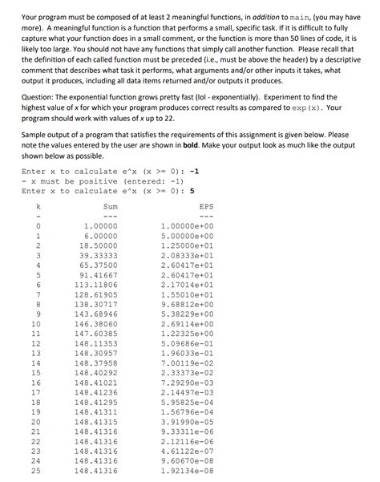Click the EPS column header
tap(206, 206)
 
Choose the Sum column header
tap(111, 206)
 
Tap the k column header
tap(36, 206)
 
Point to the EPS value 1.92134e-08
tap(188, 472)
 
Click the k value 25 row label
tap(35, 472)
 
